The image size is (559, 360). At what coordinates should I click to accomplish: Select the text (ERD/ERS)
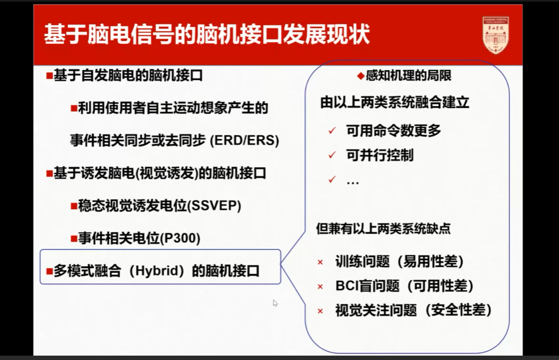(x=244, y=140)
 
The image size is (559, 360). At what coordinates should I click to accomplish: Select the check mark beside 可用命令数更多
(x=332, y=131)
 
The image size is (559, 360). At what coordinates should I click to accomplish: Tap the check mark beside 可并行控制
(x=332, y=156)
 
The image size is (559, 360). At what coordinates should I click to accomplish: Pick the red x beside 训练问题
(x=321, y=262)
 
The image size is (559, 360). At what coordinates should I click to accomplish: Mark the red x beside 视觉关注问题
(x=321, y=311)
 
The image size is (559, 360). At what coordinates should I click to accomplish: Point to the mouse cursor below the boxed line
(x=275, y=302)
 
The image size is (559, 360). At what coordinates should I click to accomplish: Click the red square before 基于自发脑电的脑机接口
(x=49, y=75)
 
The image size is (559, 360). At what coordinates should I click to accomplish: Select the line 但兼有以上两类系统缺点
(x=383, y=228)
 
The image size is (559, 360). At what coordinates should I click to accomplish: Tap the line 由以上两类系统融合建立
(x=395, y=102)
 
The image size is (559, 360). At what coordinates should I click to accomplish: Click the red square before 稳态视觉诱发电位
(x=73, y=206)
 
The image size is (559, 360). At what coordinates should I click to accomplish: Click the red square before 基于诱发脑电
(x=49, y=173)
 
